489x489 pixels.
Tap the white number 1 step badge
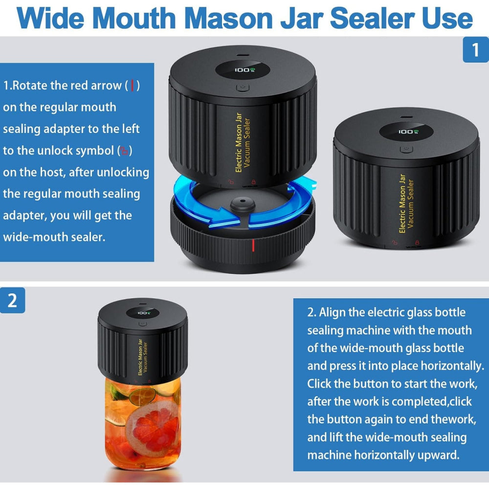[475, 50]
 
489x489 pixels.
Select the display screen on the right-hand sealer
[406, 132]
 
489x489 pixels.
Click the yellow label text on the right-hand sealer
[406, 203]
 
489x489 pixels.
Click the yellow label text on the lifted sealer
[243, 144]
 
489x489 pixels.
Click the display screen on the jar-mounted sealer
[143, 313]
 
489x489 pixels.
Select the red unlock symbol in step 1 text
[125, 151]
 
